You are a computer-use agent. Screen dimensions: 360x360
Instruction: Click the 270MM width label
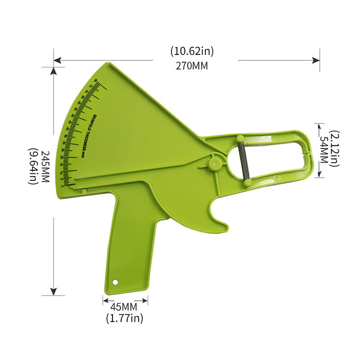(192, 66)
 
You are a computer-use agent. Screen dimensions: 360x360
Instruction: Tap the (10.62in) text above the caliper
(192, 51)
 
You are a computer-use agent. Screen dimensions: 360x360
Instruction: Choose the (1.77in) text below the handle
(125, 319)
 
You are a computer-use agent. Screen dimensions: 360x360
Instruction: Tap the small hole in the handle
(115, 282)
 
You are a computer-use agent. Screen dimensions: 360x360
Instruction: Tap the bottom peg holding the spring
(247, 183)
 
